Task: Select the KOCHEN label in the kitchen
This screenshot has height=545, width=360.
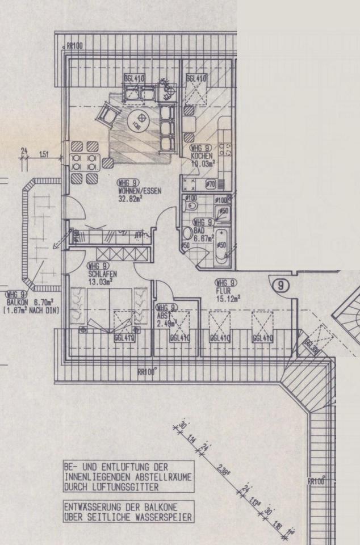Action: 202,156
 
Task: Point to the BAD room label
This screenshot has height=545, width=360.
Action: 198,230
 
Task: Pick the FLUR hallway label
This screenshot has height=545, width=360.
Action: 221,290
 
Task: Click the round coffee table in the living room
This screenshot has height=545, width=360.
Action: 139,119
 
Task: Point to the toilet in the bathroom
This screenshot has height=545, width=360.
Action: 188,233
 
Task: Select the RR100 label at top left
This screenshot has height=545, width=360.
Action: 76,45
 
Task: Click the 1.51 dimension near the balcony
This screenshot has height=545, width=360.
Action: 44,153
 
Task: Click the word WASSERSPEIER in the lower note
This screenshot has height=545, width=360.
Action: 162,518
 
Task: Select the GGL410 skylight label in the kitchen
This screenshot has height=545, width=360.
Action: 196,78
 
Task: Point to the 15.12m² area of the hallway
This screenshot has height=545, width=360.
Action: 229,297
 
